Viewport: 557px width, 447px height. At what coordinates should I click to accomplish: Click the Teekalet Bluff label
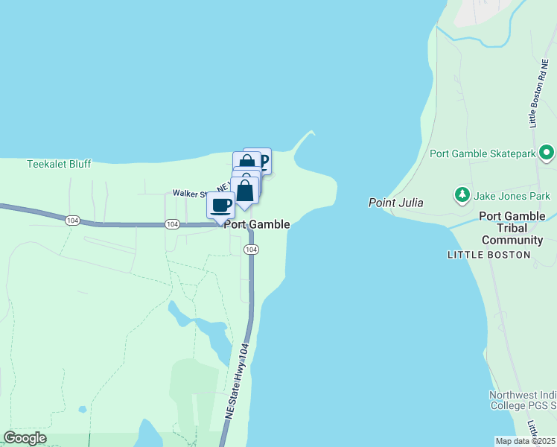(59, 164)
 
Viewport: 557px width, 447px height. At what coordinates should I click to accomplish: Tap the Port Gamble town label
(257, 224)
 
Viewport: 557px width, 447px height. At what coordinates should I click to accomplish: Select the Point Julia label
(396, 203)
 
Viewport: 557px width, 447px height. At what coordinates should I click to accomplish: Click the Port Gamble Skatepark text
(483, 153)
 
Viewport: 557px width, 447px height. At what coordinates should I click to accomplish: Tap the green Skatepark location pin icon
(547, 153)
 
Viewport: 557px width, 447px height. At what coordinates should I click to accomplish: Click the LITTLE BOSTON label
(488, 255)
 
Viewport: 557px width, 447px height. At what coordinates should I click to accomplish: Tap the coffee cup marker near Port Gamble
(220, 204)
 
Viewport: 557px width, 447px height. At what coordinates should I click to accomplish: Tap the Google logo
(25, 438)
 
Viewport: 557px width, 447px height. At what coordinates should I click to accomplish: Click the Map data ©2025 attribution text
(526, 441)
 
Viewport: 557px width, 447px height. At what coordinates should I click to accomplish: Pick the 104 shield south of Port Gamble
(251, 250)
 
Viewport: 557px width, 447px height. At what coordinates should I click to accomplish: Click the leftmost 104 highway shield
(72, 221)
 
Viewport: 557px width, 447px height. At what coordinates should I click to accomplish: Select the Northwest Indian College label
(522, 400)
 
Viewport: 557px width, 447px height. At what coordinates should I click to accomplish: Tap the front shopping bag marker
(244, 191)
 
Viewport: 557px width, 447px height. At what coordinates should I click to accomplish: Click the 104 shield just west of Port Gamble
(172, 224)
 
